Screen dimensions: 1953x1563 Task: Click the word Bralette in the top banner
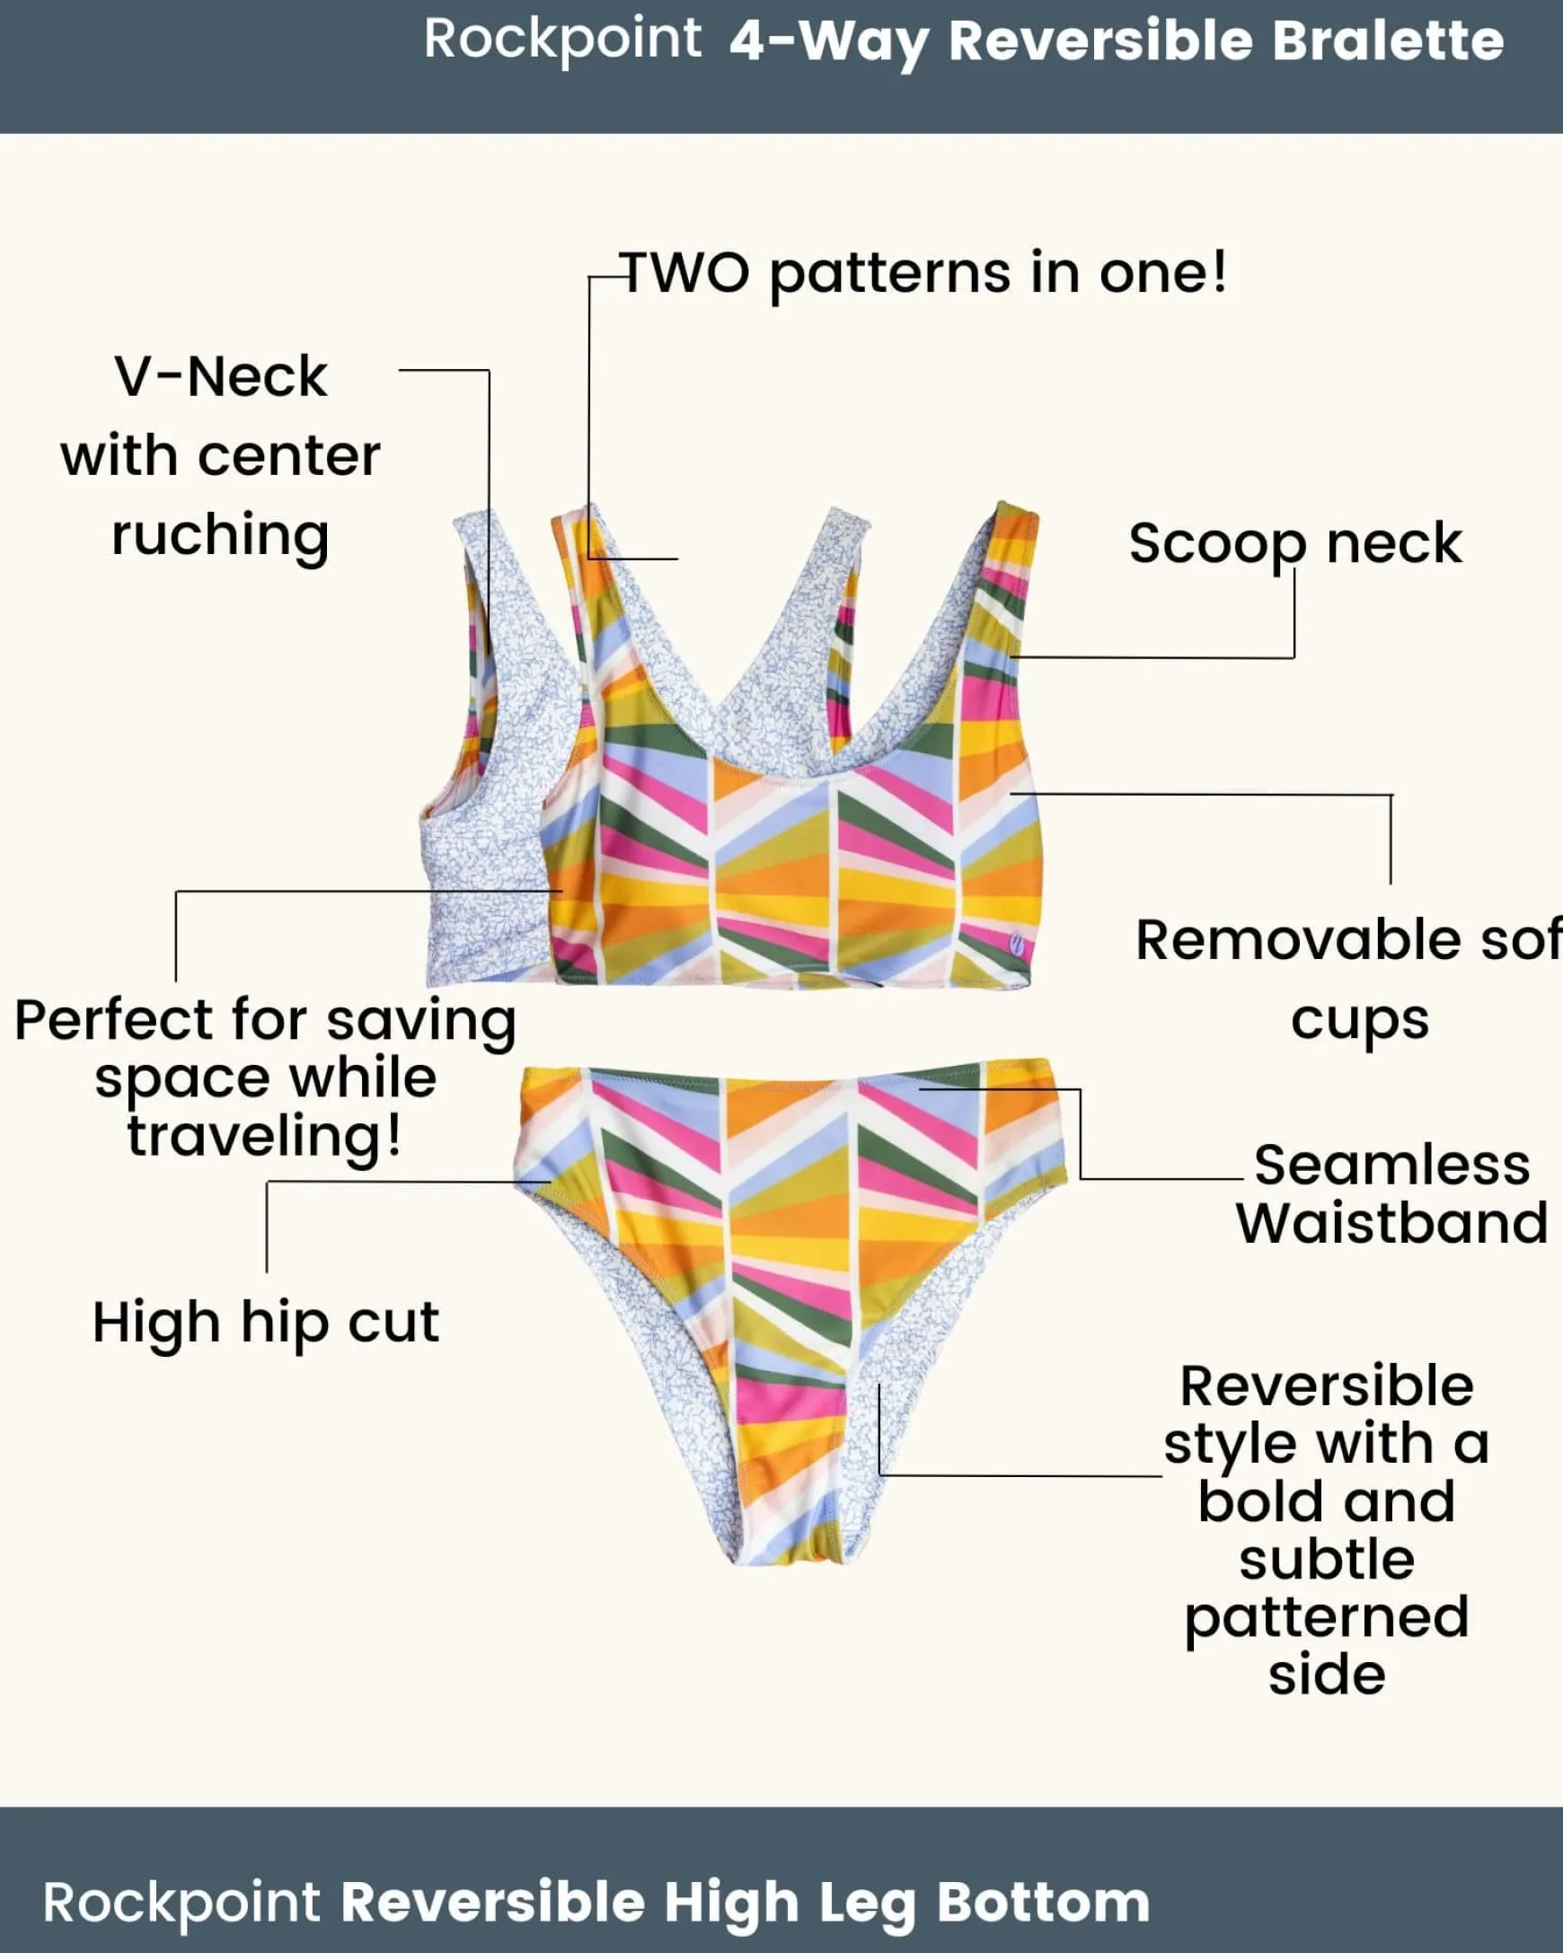pos(1387,41)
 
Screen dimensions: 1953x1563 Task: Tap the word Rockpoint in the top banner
pos(561,40)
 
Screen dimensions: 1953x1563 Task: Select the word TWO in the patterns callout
pos(686,273)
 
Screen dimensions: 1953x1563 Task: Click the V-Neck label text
pos(220,377)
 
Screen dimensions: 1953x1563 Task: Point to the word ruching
pos(220,535)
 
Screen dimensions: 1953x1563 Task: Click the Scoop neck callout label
pos(1294,543)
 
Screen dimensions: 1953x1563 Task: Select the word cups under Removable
pos(1359,1020)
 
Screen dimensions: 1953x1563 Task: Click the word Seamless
pos(1391,1165)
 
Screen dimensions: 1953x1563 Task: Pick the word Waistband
pos(1391,1224)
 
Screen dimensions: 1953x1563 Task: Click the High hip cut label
pos(266,1323)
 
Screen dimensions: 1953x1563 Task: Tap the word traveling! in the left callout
pos(264,1136)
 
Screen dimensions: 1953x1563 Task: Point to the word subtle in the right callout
pos(1327,1559)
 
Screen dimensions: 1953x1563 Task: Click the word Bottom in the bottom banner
pos(1043,1903)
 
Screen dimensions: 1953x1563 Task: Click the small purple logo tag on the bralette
pos(1017,945)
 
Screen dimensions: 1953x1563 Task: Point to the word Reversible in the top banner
pos(1100,41)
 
